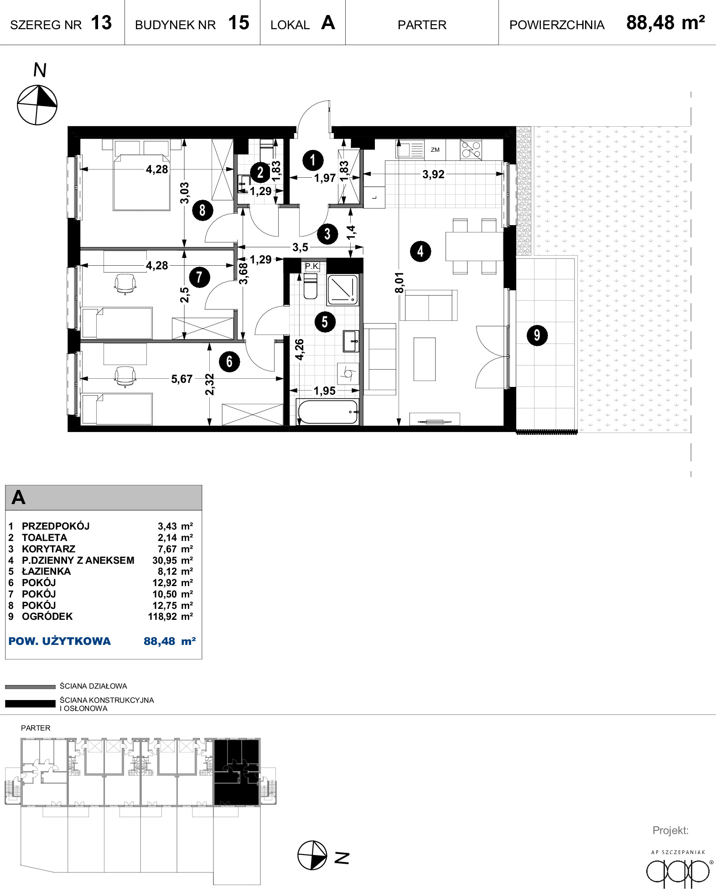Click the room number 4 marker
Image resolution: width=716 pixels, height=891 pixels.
click(420, 251)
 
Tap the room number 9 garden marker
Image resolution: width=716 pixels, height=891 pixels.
click(537, 335)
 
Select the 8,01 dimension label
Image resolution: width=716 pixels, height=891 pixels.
click(399, 283)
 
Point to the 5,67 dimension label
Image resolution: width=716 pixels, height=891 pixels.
click(182, 379)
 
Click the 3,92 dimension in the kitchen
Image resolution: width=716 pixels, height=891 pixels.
click(433, 175)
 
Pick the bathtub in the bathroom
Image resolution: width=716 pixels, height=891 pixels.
click(327, 412)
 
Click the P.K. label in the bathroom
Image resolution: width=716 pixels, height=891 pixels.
click(312, 267)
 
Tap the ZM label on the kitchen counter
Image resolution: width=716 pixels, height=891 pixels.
click(435, 150)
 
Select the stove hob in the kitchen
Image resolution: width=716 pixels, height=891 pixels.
click(471, 149)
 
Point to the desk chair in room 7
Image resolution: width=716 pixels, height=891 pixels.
click(125, 284)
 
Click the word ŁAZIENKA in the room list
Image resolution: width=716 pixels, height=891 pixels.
click(47, 572)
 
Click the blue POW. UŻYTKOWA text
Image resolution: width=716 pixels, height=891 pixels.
click(60, 641)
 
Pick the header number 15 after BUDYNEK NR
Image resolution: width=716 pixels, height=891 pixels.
click(239, 23)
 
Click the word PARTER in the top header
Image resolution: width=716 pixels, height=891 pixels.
click(422, 25)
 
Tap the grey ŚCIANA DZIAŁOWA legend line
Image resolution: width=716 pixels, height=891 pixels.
click(30, 687)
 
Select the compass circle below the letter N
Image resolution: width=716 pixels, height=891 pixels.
click(37, 105)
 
